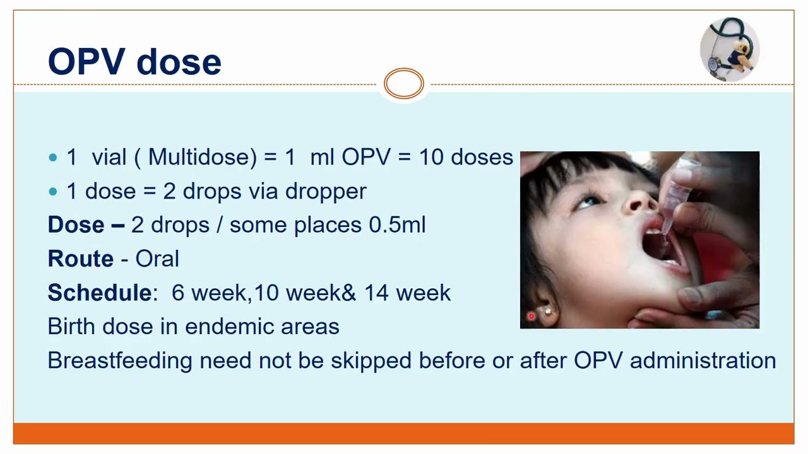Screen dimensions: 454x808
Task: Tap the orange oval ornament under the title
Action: [404, 84]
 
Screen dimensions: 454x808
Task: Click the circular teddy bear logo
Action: [730, 49]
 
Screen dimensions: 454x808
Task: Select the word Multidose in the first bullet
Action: [202, 157]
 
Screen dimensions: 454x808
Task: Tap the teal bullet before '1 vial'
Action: [53, 158]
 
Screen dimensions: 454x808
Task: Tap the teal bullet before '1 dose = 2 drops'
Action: [53, 192]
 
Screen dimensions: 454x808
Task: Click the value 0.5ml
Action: [397, 225]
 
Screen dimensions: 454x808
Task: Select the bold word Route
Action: [81, 259]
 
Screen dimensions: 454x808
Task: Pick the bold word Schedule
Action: [99, 293]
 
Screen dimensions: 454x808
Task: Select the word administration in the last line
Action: [703, 361]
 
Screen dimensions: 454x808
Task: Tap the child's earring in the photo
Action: [547, 310]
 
